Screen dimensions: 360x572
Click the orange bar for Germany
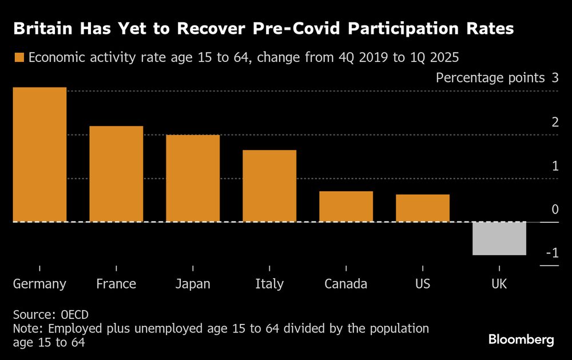(x=39, y=155)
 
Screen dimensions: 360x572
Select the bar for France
(x=116, y=173)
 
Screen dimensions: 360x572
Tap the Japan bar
(x=193, y=178)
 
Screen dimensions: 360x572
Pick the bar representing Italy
(x=269, y=185)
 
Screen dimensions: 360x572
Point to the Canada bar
(x=346, y=206)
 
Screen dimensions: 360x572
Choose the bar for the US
(x=423, y=208)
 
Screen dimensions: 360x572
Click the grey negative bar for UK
(x=499, y=238)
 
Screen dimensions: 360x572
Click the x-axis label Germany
(x=39, y=284)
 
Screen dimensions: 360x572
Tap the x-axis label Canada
(x=345, y=284)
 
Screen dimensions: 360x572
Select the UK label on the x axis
(x=499, y=284)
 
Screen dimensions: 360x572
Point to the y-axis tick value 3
(x=555, y=78)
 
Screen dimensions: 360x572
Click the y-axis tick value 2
(x=555, y=122)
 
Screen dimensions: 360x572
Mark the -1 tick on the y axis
(x=551, y=253)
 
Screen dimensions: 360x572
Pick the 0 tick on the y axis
(x=555, y=209)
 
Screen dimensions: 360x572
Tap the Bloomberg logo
(x=521, y=340)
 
